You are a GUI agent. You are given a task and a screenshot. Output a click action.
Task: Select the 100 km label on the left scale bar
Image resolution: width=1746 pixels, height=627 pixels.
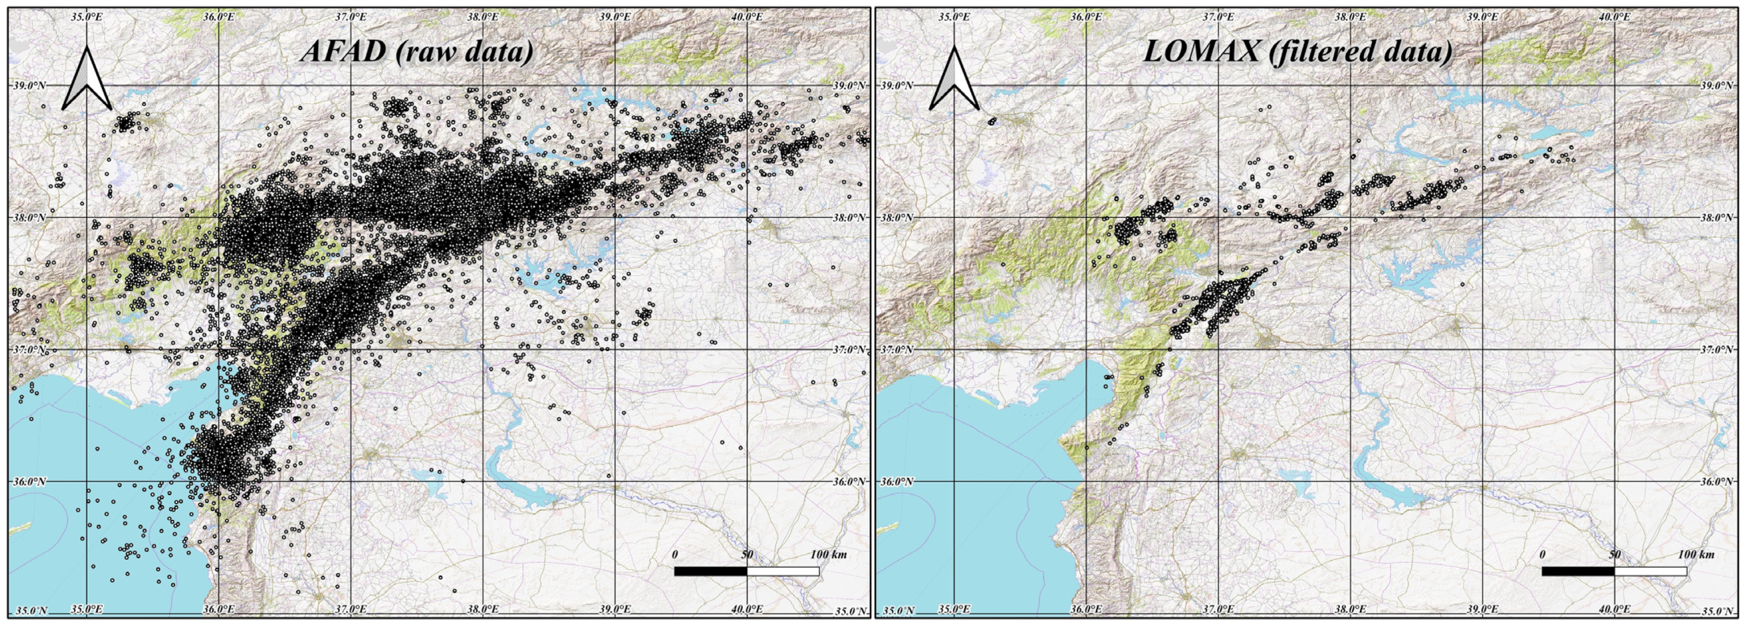pyautogui.click(x=828, y=555)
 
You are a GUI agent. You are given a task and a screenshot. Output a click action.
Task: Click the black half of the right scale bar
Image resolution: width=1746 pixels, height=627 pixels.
pyautogui.click(x=1578, y=572)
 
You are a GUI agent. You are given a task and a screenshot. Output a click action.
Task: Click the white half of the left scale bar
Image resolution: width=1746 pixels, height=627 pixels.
pyautogui.click(x=783, y=572)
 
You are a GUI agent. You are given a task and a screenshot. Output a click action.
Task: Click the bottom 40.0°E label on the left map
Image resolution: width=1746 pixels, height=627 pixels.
pyautogui.click(x=746, y=609)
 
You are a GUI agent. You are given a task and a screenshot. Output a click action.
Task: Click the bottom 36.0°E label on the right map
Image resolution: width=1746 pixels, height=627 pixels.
pyautogui.click(x=1086, y=609)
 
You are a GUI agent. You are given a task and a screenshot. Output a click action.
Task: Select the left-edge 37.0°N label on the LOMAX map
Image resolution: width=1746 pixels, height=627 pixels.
pyautogui.click(x=897, y=350)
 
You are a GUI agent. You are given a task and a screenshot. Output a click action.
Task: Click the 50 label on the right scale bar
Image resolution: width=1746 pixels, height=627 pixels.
pyautogui.click(x=1615, y=555)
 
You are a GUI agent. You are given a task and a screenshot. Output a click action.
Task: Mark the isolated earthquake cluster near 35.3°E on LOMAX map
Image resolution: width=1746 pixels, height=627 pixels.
pyautogui.click(x=992, y=121)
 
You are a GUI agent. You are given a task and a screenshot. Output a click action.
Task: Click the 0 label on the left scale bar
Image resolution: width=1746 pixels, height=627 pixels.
pyautogui.click(x=674, y=555)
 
